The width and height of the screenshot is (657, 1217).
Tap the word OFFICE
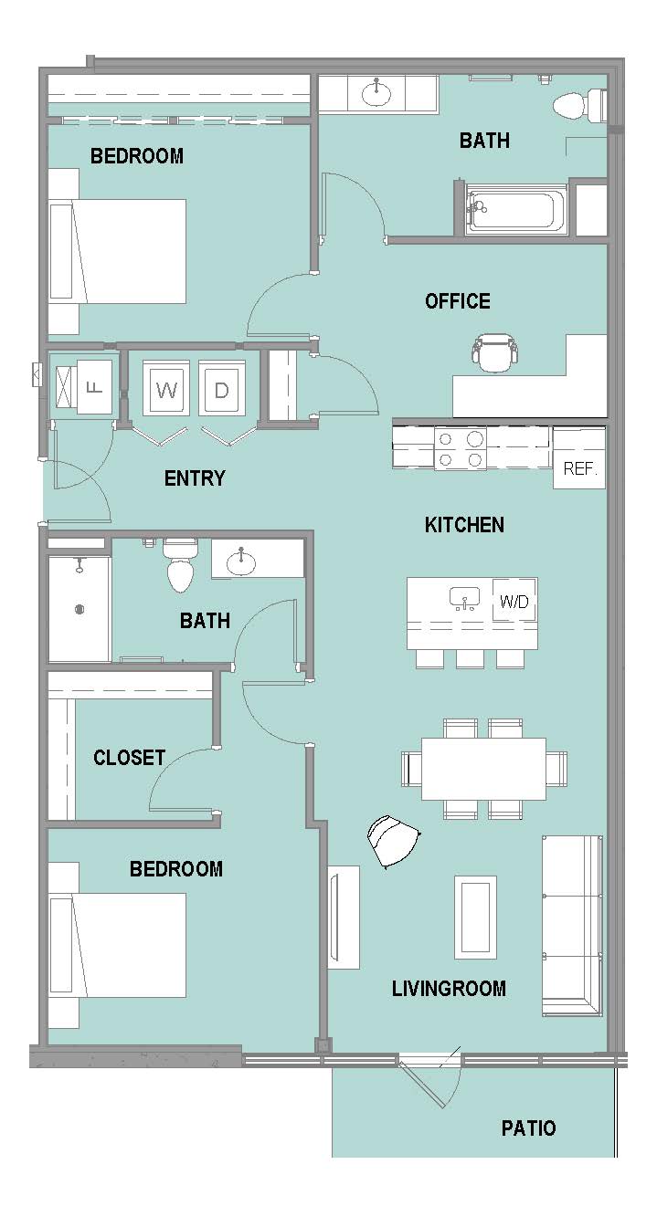point(458,301)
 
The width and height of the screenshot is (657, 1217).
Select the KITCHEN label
point(464,525)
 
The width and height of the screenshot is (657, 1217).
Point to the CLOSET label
point(129,758)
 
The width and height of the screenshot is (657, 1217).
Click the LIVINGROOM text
point(449,988)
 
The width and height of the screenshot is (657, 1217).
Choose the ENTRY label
point(194,478)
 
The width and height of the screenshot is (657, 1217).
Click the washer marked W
point(166,388)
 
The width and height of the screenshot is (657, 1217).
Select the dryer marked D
point(221,388)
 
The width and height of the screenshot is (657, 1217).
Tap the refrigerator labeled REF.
point(578,458)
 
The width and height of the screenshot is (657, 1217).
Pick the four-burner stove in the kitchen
point(461,449)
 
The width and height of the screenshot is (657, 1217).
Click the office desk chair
point(494,353)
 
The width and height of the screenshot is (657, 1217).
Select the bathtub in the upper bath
point(515,209)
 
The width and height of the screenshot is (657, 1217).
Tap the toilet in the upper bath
point(579,106)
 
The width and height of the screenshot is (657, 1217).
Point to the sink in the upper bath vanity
point(376,93)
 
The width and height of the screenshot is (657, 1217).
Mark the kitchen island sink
point(464,598)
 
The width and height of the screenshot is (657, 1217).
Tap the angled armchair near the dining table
point(393,842)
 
